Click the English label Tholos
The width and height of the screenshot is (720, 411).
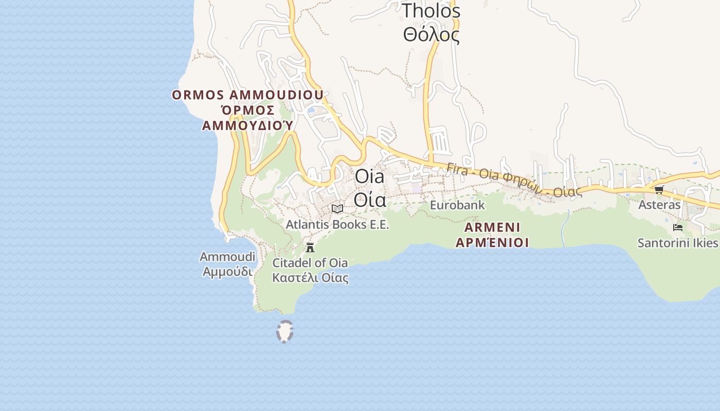click(430, 11)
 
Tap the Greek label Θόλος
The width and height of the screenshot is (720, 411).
click(430, 35)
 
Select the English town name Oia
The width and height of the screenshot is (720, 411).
click(369, 177)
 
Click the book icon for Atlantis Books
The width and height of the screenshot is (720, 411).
click(337, 209)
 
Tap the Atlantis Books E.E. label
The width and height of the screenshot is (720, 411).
click(337, 225)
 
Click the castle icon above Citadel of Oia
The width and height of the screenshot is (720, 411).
click(310, 248)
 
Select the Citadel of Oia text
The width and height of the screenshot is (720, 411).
click(310, 263)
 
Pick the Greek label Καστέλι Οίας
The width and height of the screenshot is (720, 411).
click(310, 278)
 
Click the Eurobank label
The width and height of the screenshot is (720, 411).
click(457, 206)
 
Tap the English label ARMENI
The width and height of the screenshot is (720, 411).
click(492, 227)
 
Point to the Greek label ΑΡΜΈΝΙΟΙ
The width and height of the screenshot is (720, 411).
click(492, 242)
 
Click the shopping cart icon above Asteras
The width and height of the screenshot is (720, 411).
click(659, 190)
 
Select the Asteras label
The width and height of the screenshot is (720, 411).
click(659, 205)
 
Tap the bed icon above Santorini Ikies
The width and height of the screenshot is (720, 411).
click(678, 227)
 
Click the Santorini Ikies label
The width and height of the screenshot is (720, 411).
click(678, 243)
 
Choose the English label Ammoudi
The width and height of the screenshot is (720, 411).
click(227, 256)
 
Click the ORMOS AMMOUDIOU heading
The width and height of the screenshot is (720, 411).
click(247, 95)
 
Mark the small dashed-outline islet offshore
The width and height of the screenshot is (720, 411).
click(284, 331)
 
